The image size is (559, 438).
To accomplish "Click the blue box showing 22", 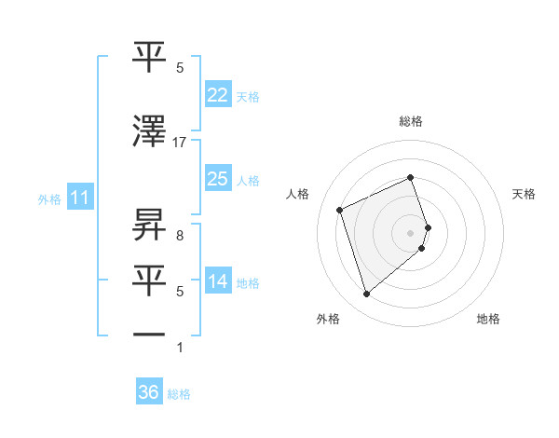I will coord(217,95).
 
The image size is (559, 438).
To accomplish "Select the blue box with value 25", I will coord(217,179).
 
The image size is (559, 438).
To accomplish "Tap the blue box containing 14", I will coord(217,281).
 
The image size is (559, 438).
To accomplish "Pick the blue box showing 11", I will coord(80,198).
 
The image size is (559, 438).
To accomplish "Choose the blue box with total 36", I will coord(149,392).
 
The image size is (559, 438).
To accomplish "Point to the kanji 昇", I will coord(149,225).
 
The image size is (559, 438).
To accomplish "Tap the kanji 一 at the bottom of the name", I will coord(149,333).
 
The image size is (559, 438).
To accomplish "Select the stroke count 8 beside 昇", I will coord(179,235).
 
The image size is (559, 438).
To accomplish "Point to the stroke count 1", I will coord(179,348).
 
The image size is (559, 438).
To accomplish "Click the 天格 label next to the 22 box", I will coord(248,97).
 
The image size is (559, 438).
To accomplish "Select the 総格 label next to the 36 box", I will coord(179,394).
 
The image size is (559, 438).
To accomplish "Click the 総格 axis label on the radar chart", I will coord(411,121).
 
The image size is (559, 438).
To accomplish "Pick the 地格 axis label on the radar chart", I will coord(488,319).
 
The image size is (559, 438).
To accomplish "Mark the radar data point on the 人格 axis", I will coord(341,210).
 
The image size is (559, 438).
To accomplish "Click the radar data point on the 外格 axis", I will coord(367,294).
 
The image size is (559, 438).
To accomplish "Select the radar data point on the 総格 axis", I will coord(411,177).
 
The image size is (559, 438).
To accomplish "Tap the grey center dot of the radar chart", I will coord(411,232).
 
